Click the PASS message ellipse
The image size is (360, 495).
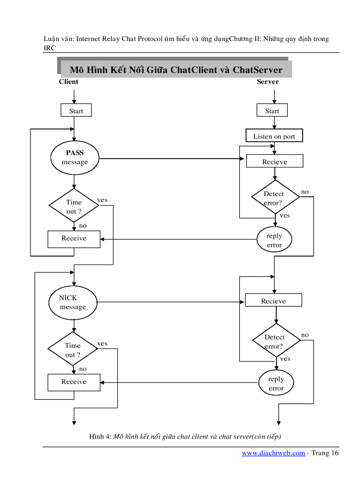pyautogui.click(x=75, y=157)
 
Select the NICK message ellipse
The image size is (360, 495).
pyautogui.click(x=73, y=302)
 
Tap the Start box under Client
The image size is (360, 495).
pyautogui.click(x=76, y=111)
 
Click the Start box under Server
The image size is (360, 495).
pyautogui.click(x=272, y=111)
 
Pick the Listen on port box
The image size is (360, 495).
pyautogui.click(x=274, y=136)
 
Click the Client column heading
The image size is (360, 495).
pyautogui.click(x=68, y=82)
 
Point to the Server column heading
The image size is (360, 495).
pyautogui.click(x=268, y=82)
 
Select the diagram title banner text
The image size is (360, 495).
pyautogui.click(x=176, y=70)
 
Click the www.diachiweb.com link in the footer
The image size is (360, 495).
pyautogui.click(x=273, y=453)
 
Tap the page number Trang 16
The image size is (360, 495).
pyautogui.click(x=325, y=453)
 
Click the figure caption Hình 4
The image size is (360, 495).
pyautogui.click(x=185, y=436)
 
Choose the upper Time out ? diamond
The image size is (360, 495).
pyautogui.click(x=74, y=206)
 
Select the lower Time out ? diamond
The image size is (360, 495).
pyautogui.click(x=73, y=350)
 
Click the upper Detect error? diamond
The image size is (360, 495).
pyautogui.click(x=275, y=198)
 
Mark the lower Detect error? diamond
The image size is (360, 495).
pyautogui.click(x=276, y=342)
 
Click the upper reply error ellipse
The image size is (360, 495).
pyautogui.click(x=274, y=240)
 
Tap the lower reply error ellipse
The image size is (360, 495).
pyautogui.click(x=276, y=383)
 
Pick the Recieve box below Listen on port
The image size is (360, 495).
pyautogui.click(x=274, y=162)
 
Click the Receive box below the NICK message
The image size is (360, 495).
pyautogui.click(x=74, y=382)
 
